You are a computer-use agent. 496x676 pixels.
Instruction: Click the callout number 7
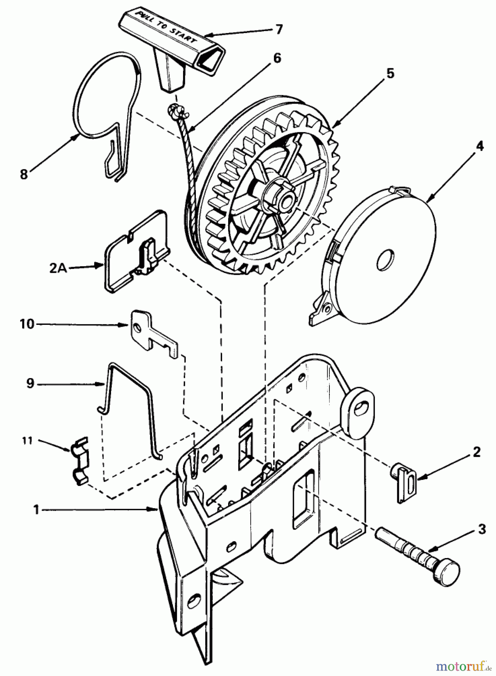(x=278, y=29)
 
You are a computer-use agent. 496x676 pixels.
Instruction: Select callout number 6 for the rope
(x=277, y=58)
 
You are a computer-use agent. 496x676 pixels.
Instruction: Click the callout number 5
(x=390, y=74)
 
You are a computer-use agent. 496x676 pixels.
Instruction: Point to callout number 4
(x=480, y=146)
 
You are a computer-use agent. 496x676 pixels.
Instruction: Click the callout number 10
(x=27, y=324)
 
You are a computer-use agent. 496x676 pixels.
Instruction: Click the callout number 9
(x=30, y=383)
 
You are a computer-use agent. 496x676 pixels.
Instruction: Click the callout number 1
(x=36, y=510)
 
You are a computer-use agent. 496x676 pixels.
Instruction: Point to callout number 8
(x=24, y=175)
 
